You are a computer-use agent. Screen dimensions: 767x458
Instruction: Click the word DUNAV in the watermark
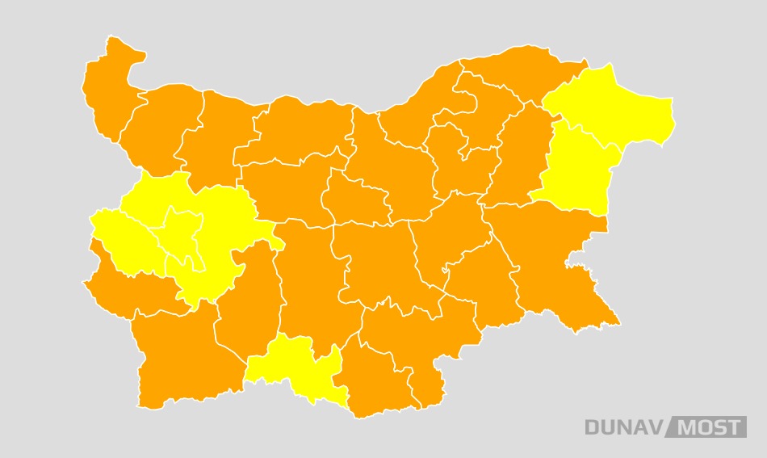(622, 427)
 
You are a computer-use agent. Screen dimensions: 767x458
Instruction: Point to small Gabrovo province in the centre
(355, 198)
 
